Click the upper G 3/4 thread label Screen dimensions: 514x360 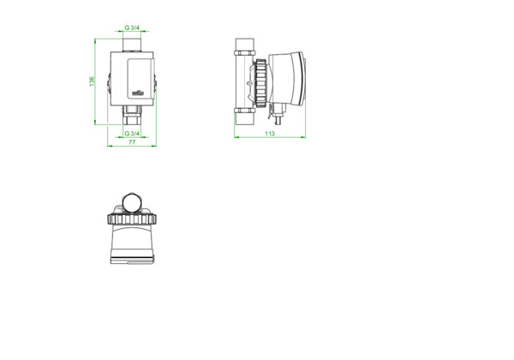[x=132, y=27]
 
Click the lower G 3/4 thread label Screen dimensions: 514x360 [x=132, y=134]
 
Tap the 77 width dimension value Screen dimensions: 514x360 [x=132, y=142]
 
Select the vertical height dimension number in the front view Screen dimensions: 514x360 [x=93, y=81]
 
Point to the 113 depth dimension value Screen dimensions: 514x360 [x=270, y=134]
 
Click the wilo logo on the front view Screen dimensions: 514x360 [x=138, y=93]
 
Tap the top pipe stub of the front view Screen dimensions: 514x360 [x=132, y=45]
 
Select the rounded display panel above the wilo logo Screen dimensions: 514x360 [x=140, y=78]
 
